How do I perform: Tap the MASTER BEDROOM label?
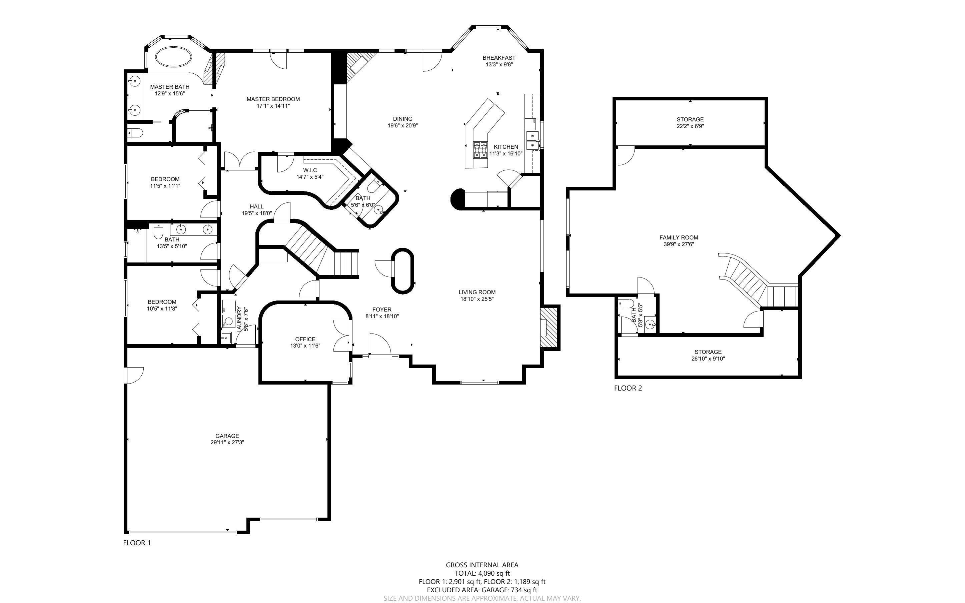pyautogui.click(x=273, y=99)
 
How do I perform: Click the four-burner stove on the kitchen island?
pyautogui.click(x=480, y=150)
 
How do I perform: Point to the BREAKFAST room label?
pyautogui.click(x=499, y=58)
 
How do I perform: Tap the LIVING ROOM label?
pyautogui.click(x=477, y=292)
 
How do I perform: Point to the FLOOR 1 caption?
pyautogui.click(x=137, y=543)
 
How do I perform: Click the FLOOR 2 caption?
pyautogui.click(x=628, y=388)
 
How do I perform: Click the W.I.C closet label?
pyautogui.click(x=310, y=170)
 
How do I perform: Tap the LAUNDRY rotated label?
pyautogui.click(x=239, y=319)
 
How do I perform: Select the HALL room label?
pyautogui.click(x=257, y=206)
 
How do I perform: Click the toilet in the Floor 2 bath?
pyautogui.click(x=626, y=304)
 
